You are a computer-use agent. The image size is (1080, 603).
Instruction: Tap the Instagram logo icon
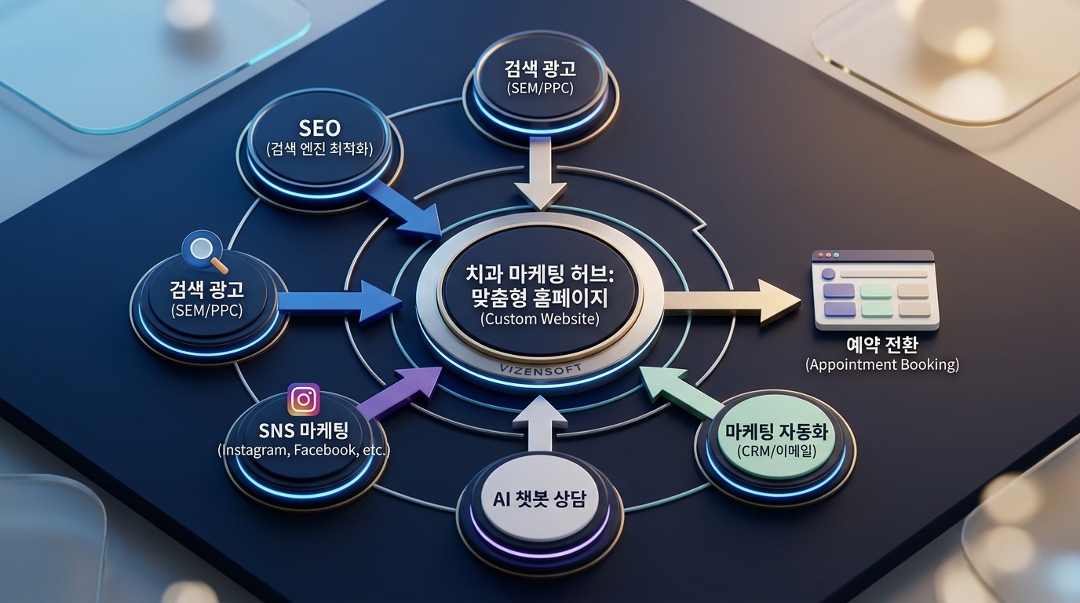(x=304, y=400)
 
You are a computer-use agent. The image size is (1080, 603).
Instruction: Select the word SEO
(x=319, y=127)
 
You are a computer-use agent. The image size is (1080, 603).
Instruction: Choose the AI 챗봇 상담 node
(x=539, y=499)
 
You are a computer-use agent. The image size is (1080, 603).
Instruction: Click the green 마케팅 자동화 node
(x=776, y=440)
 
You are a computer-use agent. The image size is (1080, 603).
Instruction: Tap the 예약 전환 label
(x=881, y=345)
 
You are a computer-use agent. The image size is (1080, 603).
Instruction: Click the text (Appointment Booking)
(x=881, y=364)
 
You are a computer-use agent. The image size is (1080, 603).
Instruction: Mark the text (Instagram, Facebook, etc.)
(x=303, y=451)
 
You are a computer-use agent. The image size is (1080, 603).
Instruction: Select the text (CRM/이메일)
(x=775, y=451)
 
